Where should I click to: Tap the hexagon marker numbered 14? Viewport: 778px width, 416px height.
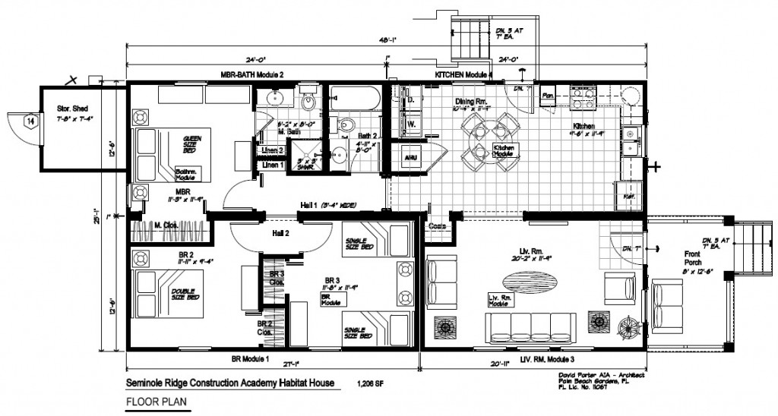click(x=30, y=121)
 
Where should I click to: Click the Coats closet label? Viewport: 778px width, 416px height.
click(x=436, y=225)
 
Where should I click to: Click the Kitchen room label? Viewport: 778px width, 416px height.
click(x=584, y=126)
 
